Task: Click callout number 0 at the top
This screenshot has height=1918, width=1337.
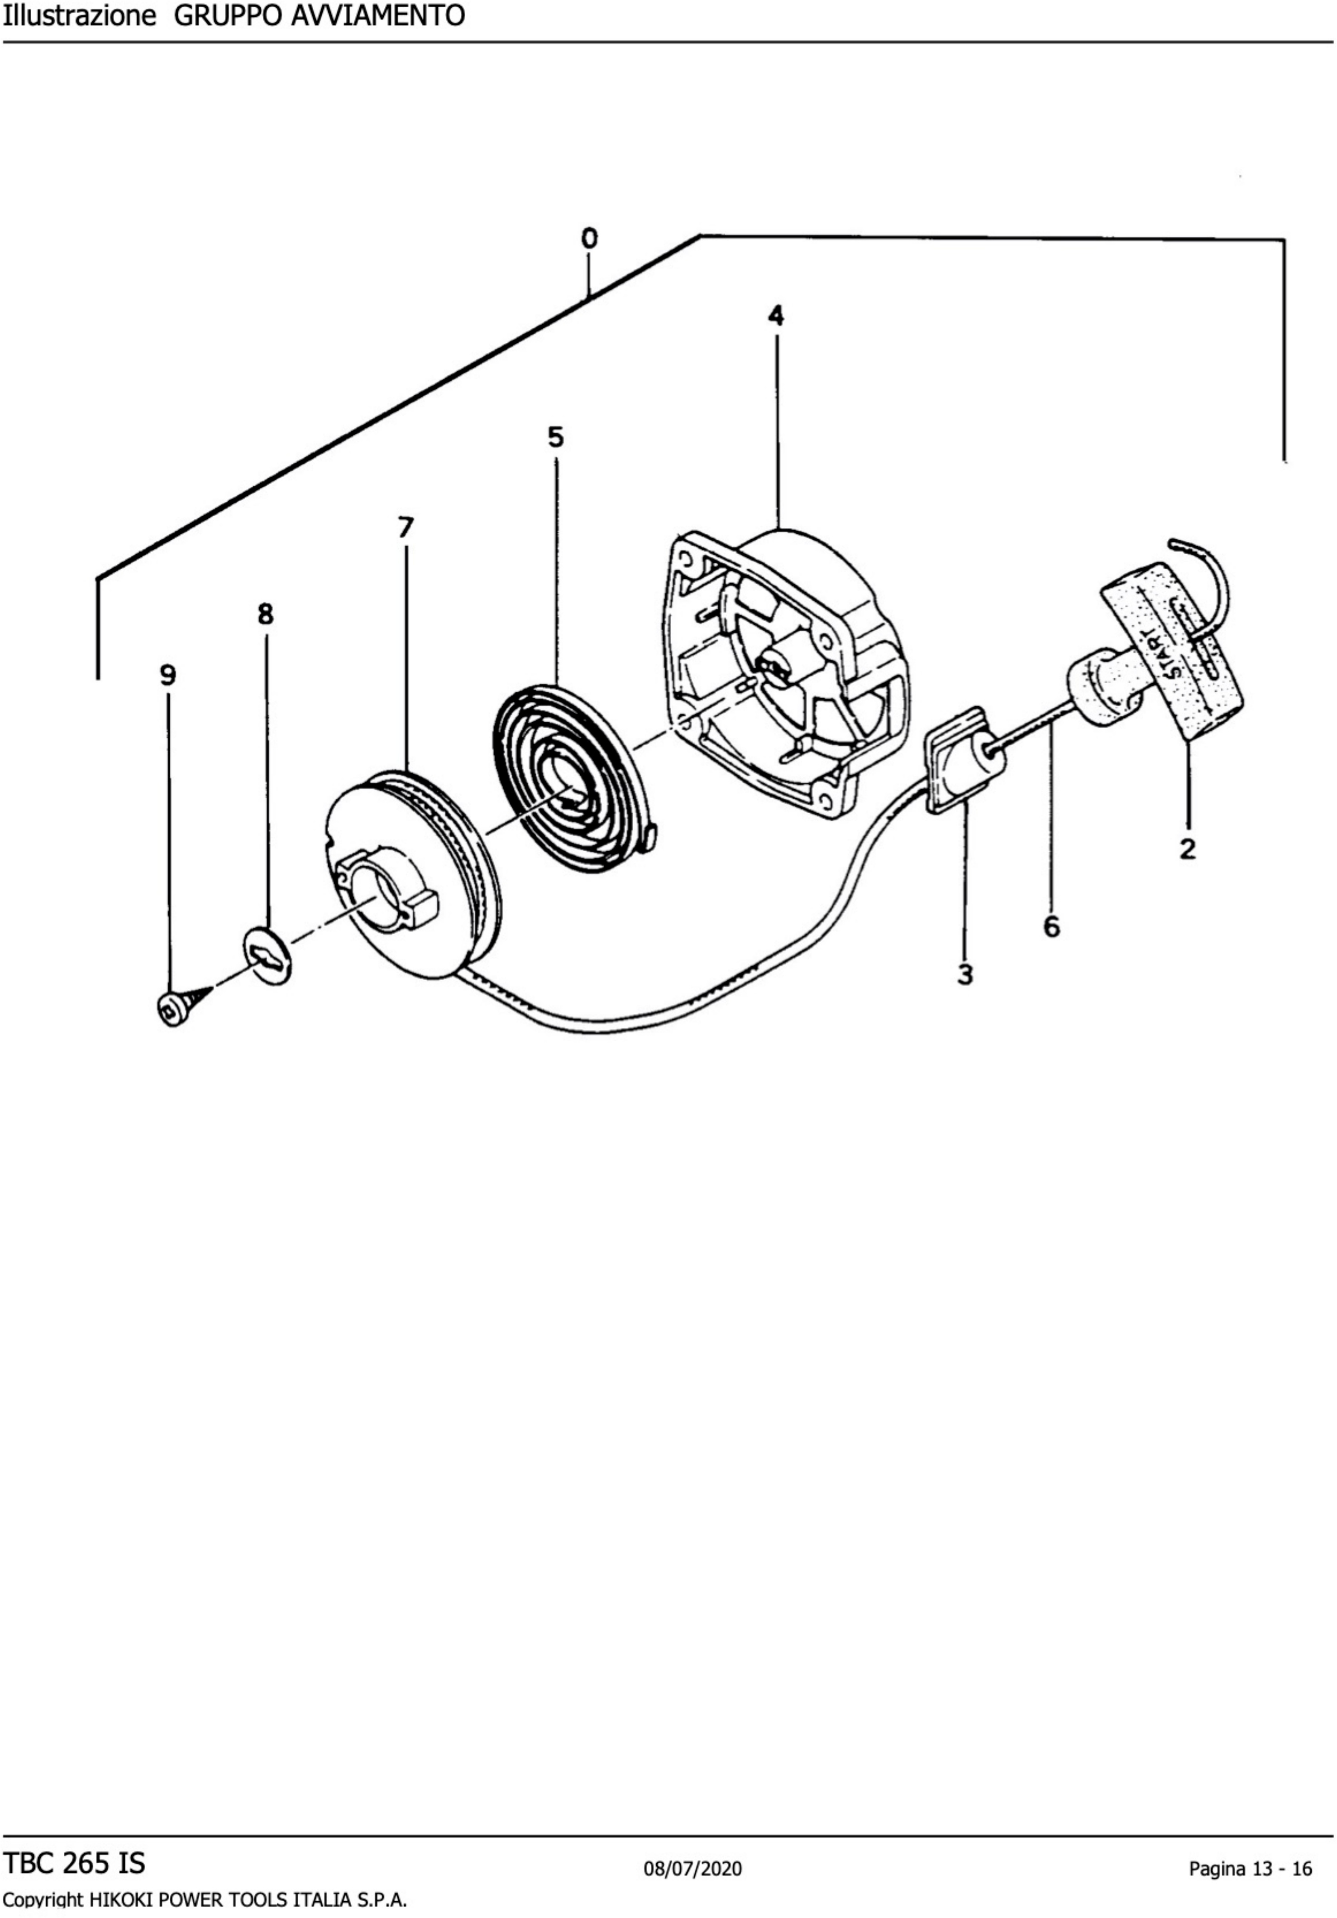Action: [x=590, y=239]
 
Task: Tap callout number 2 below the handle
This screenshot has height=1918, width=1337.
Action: [x=1187, y=849]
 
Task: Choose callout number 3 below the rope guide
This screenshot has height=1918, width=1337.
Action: [x=965, y=975]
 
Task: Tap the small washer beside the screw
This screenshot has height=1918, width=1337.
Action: [x=267, y=955]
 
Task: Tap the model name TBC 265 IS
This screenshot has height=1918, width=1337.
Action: [x=74, y=1863]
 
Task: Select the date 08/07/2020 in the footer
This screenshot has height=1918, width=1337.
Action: [x=692, y=1869]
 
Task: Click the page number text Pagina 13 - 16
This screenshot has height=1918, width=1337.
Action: [x=1250, y=1869]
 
